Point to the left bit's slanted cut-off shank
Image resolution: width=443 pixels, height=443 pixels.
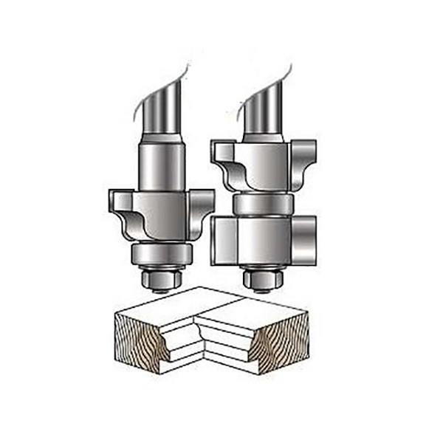click(165, 103)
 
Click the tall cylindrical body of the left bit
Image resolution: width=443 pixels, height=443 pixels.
click(162, 166)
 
